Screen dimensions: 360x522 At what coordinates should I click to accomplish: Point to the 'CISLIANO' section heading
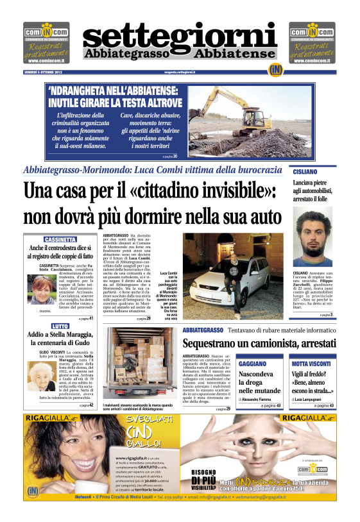pos(305,172)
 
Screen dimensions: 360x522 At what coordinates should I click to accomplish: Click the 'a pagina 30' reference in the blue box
pos(169,156)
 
